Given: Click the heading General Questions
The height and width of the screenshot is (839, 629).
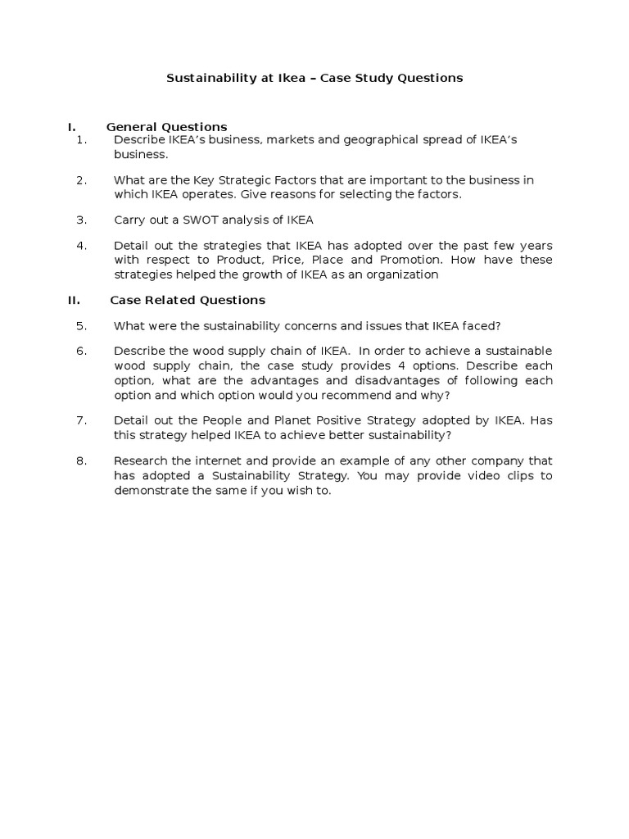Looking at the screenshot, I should [166, 127].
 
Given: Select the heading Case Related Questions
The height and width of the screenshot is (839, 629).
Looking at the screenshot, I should [188, 300].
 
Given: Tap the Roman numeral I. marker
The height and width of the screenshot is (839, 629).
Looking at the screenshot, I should [71, 127].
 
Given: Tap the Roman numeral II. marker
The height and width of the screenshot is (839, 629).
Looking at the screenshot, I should [74, 300].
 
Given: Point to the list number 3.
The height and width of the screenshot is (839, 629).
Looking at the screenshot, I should [81, 220].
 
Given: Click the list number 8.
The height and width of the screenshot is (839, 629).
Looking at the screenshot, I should [81, 460].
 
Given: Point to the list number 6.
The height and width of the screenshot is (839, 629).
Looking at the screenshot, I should [81, 351].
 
